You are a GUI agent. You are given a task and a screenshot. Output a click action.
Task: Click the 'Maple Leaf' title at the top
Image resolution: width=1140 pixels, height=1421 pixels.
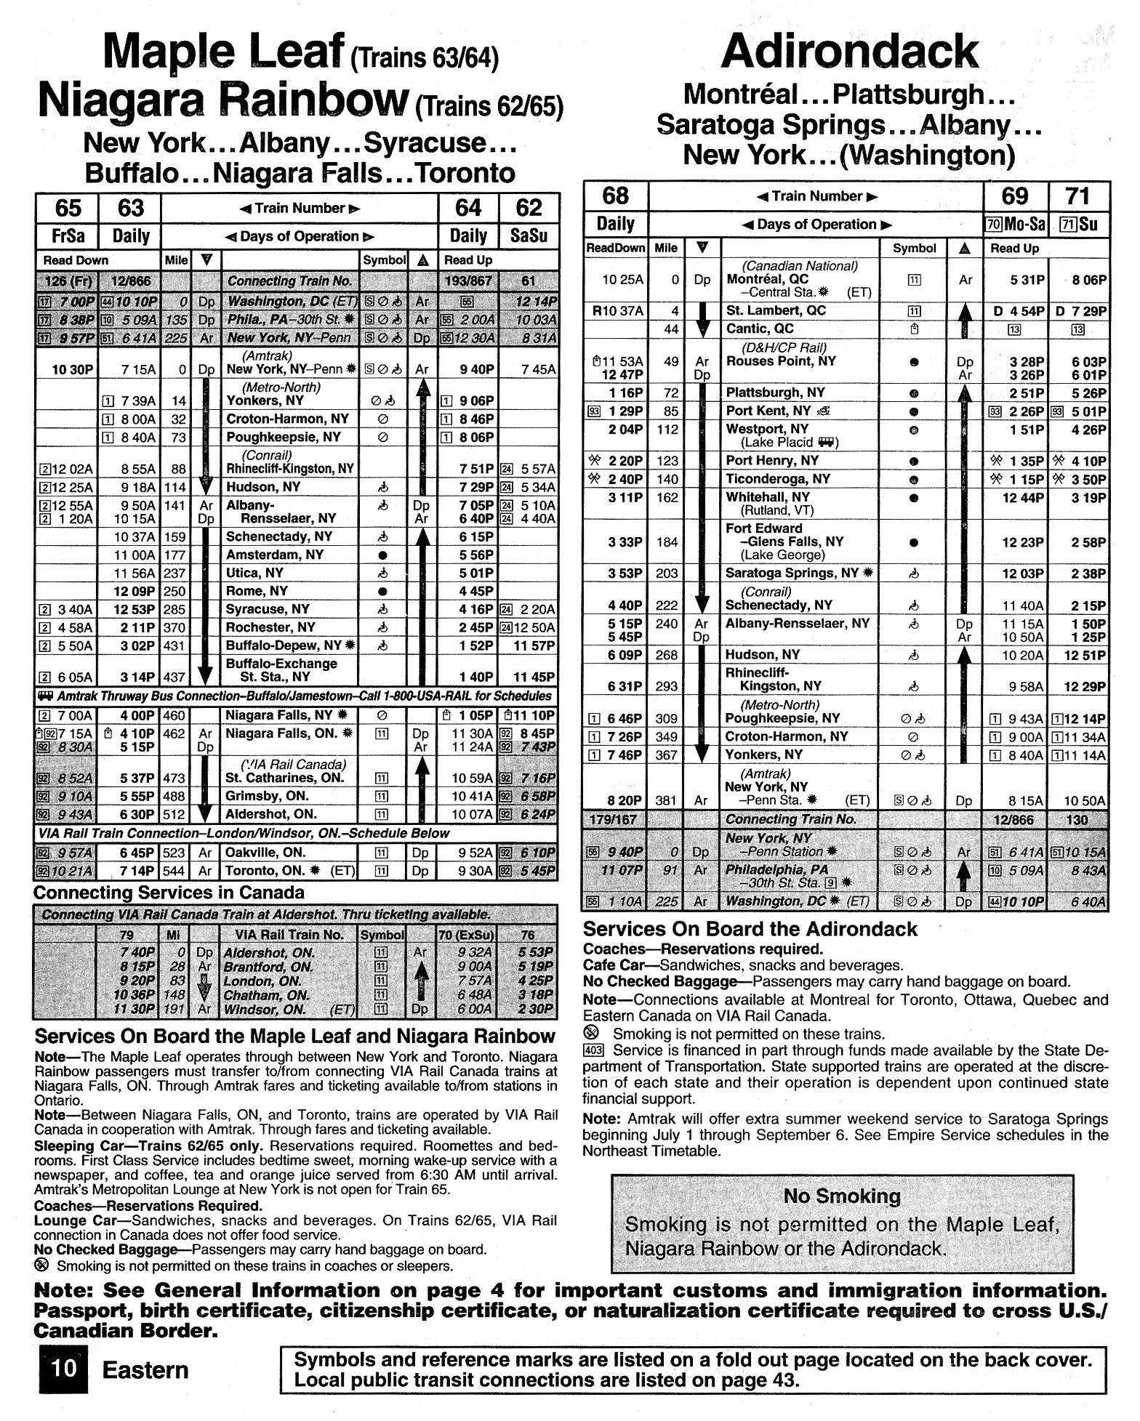click(x=224, y=52)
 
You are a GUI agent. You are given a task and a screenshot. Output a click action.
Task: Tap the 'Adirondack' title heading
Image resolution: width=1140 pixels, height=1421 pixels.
click(x=849, y=52)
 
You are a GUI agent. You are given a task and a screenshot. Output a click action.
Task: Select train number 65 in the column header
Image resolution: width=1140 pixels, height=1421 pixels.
click(x=68, y=209)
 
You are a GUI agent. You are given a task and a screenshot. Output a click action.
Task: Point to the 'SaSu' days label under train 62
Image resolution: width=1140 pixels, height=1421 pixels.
click(x=529, y=236)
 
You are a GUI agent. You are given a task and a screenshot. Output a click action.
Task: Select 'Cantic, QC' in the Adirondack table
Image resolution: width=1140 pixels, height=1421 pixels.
click(x=760, y=329)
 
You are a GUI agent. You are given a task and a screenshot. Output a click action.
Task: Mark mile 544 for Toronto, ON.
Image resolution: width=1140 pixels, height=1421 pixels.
click(x=174, y=871)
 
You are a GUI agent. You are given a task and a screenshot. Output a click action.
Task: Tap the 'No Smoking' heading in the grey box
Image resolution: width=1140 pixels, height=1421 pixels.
click(x=842, y=1195)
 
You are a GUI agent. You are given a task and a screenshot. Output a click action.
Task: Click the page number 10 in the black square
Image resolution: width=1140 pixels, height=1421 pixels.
click(x=63, y=1369)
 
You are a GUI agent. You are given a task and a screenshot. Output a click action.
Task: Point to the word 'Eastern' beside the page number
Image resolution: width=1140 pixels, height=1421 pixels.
click(x=145, y=1370)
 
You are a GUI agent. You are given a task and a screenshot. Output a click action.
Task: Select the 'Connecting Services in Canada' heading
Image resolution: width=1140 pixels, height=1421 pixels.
click(x=169, y=893)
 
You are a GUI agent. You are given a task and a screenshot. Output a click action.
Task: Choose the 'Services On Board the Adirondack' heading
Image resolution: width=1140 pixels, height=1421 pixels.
click(x=750, y=929)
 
